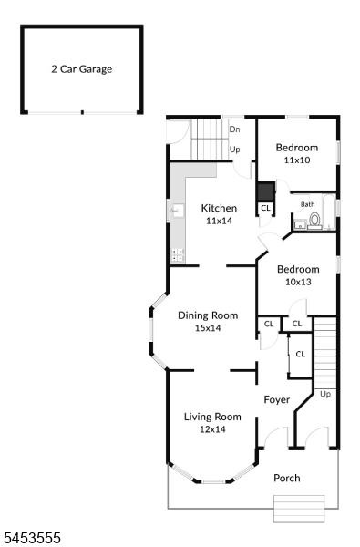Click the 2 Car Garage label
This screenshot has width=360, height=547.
(x=82, y=69)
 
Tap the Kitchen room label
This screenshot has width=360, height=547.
(x=219, y=208)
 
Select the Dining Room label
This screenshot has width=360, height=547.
(x=208, y=315)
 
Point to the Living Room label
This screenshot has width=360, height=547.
(x=212, y=417)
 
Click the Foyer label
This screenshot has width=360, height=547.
(x=277, y=400)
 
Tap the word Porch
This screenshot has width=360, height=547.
(x=287, y=478)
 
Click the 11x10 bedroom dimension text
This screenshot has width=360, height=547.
(x=297, y=160)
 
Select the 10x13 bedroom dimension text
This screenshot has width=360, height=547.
(x=298, y=282)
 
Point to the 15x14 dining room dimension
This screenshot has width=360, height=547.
(x=208, y=328)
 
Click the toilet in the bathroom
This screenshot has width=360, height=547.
(x=314, y=222)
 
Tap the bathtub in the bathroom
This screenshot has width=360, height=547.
(x=329, y=212)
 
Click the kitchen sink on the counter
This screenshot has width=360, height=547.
(x=178, y=211)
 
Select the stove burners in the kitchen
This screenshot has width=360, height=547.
(x=178, y=255)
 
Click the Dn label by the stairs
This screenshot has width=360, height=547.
(x=235, y=129)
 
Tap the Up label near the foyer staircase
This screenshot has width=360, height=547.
(x=325, y=395)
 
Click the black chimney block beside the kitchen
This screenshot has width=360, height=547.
(x=266, y=191)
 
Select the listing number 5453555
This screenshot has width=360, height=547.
(x=32, y=538)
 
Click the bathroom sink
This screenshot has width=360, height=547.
(x=300, y=225)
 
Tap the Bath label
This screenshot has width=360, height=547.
(x=308, y=204)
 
